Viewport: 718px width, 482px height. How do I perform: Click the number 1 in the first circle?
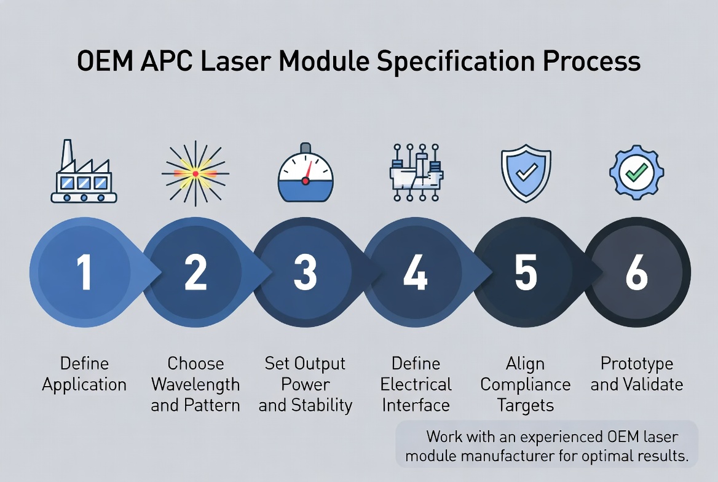click(x=84, y=272)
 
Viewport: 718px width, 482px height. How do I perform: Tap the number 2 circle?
click(x=195, y=272)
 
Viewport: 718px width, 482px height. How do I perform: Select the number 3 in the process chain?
click(x=305, y=272)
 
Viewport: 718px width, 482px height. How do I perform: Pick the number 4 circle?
click(x=415, y=272)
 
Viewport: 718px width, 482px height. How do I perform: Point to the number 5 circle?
click(x=526, y=272)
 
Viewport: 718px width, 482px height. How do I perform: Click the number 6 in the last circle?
click(x=636, y=272)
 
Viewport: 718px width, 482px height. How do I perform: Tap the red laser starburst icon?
click(x=195, y=174)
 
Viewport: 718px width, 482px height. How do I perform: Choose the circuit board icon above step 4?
click(x=416, y=173)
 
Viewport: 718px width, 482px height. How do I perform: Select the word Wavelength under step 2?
click(x=195, y=385)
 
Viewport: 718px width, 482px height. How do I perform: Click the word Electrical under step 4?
click(x=416, y=385)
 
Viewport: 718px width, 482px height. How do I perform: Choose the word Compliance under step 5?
click(x=526, y=385)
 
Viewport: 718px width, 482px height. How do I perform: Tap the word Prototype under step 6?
click(x=637, y=363)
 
